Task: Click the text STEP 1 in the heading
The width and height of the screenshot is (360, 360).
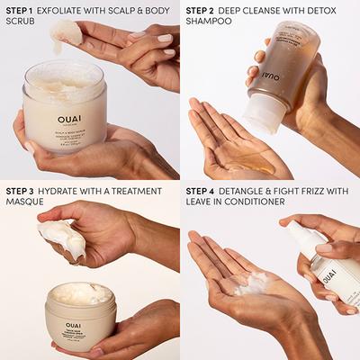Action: pyautogui.click(x=20, y=10)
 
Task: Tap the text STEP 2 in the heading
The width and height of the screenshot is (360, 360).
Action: pyautogui.click(x=201, y=10)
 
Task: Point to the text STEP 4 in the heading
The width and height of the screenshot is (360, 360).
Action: pyautogui.click(x=202, y=191)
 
